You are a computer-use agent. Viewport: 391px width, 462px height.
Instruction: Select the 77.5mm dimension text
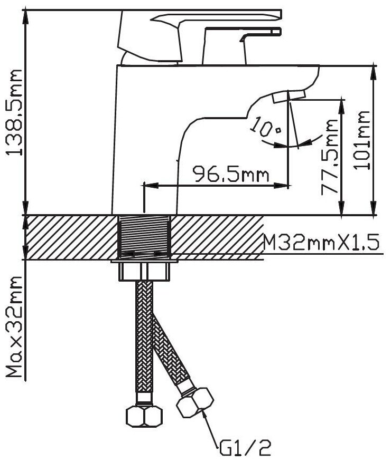coord(330,157)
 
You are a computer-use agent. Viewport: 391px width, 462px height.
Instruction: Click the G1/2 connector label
coord(246,449)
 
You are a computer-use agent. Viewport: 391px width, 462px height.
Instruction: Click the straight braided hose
coord(144,338)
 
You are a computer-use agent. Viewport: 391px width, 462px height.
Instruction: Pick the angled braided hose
coord(170,348)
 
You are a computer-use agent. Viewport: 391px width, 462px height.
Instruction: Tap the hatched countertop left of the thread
coord(69,237)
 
